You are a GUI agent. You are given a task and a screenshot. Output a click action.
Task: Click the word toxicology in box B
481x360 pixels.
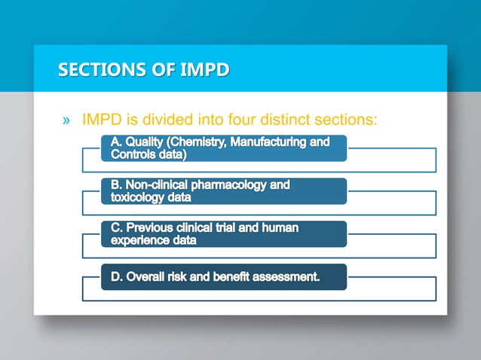coord(140,197)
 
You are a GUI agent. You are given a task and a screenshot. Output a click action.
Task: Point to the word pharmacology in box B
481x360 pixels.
coord(240,185)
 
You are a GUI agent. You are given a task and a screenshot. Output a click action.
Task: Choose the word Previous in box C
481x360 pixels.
coord(155,227)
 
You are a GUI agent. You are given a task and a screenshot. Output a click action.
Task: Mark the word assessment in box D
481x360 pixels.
coord(288,276)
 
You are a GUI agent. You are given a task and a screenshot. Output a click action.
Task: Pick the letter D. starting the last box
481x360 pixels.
coord(117,276)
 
